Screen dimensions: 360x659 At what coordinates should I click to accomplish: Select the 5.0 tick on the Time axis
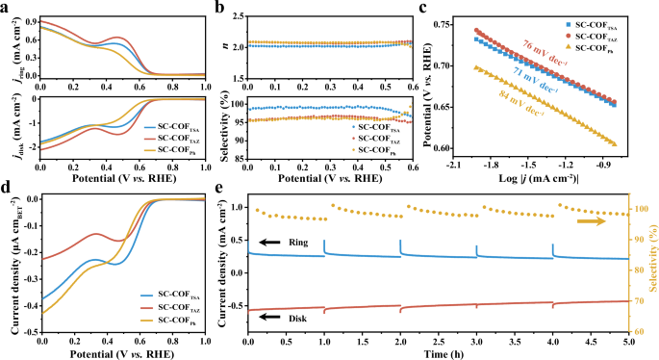click(x=627, y=341)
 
